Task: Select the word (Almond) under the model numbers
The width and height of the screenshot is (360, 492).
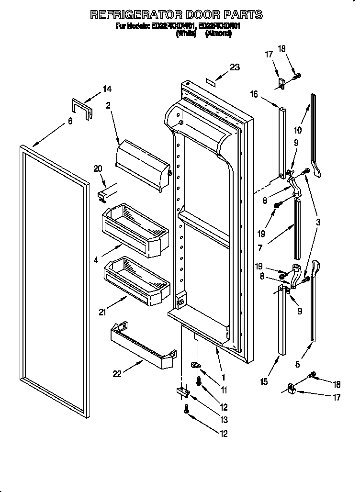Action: click(x=218, y=34)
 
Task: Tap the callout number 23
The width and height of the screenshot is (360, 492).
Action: click(x=235, y=67)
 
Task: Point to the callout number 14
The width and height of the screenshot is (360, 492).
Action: click(x=107, y=89)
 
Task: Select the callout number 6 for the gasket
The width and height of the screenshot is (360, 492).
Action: click(x=70, y=121)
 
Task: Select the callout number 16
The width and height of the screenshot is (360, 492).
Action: click(x=254, y=95)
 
